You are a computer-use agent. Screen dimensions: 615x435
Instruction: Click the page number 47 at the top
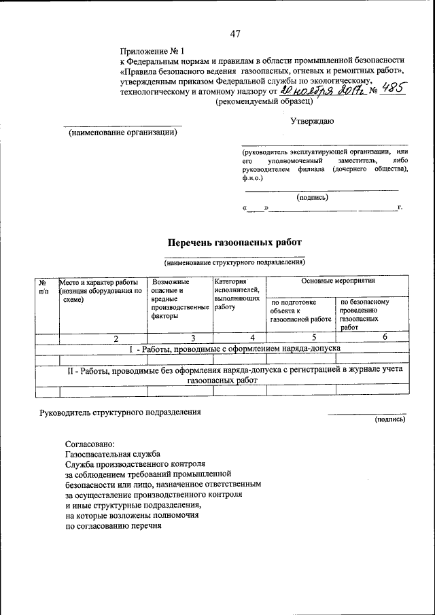[x=236, y=34]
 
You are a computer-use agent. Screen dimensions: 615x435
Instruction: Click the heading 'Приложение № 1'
[x=152, y=51]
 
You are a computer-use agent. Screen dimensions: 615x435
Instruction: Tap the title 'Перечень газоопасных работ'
[x=234, y=242]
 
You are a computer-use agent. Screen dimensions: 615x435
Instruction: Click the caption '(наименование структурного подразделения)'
[x=234, y=262]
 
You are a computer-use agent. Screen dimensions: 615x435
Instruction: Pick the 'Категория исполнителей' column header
[x=237, y=294]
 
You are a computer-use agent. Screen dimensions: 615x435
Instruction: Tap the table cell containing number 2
[x=116, y=338]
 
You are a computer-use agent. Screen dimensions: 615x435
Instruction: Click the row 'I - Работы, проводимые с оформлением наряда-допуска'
[x=234, y=348]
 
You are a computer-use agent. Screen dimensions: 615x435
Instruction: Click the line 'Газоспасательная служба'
[x=112, y=454]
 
